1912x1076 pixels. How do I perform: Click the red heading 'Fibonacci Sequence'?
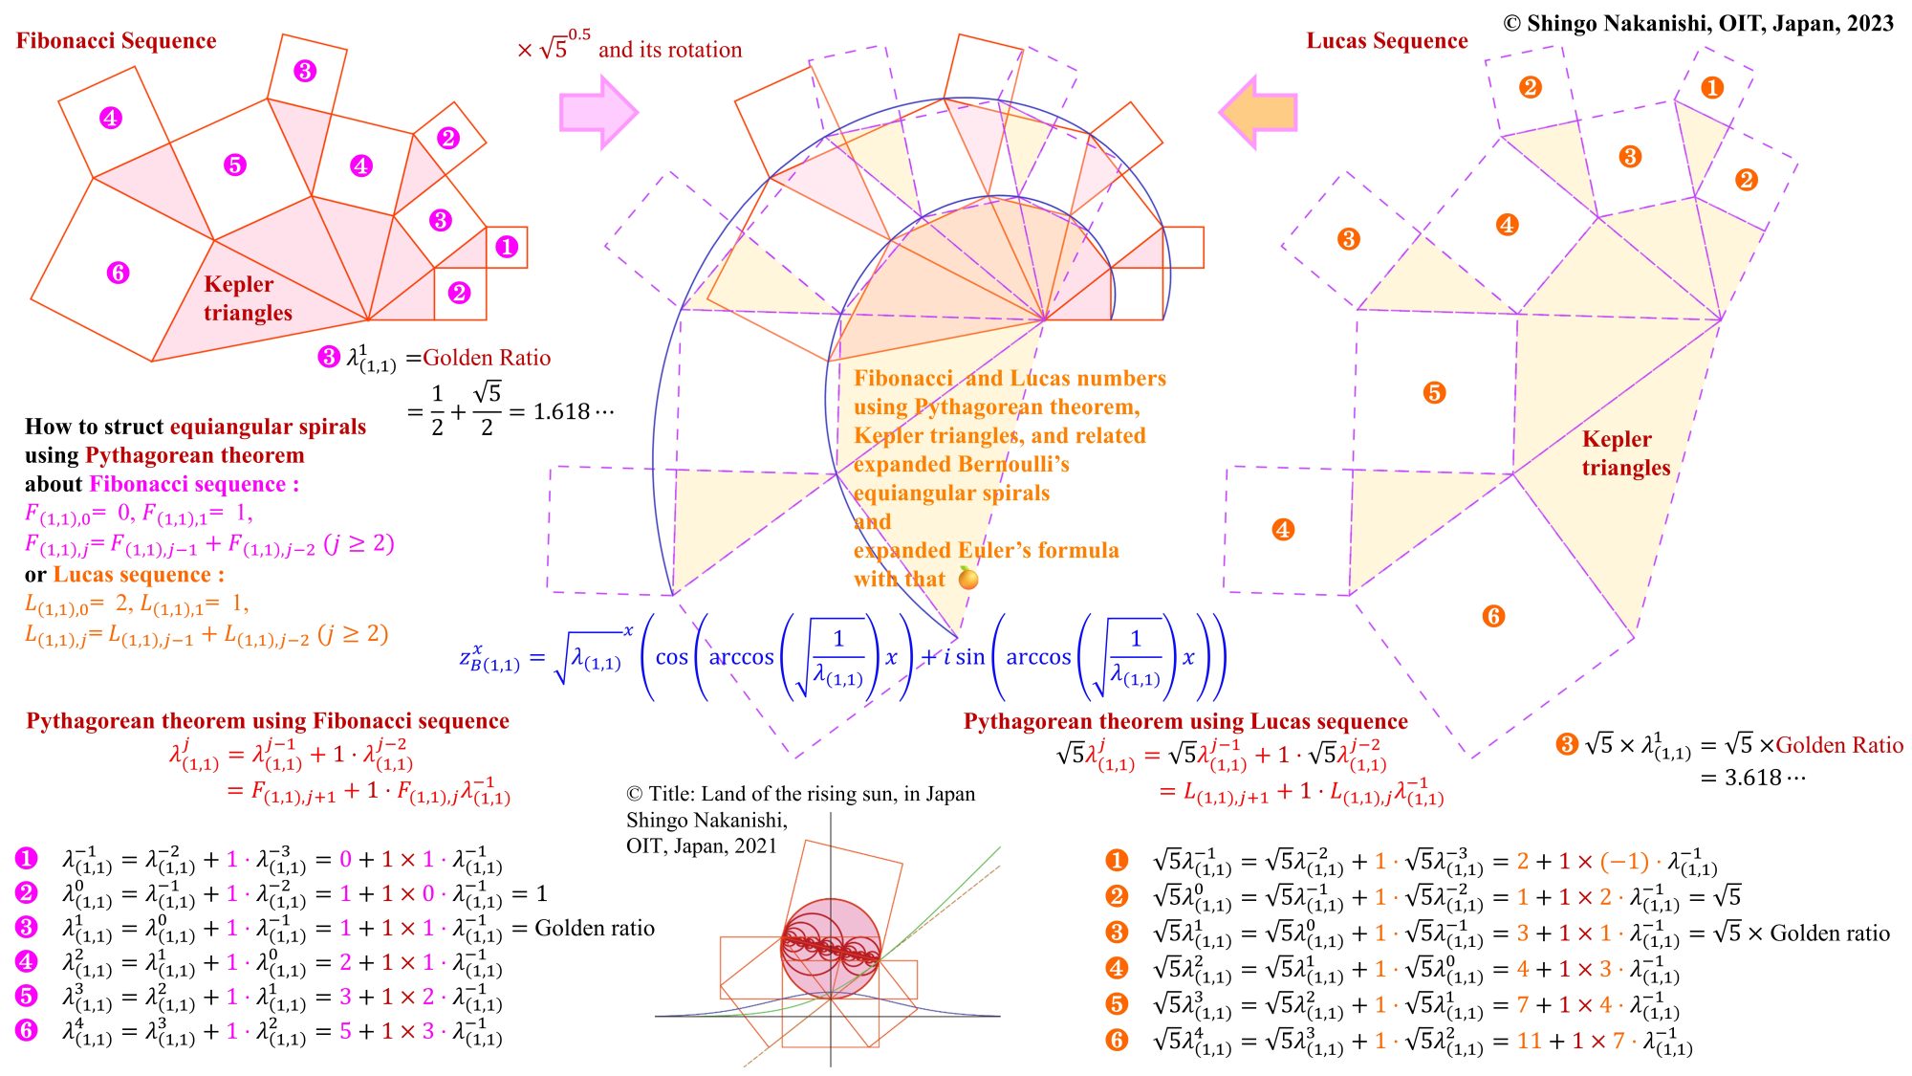[x=116, y=41]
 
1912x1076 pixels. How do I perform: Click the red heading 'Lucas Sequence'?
[x=1386, y=41]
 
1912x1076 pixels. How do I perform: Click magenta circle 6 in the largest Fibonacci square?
[x=118, y=273]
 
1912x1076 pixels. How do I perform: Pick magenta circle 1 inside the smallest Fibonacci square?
[x=507, y=247]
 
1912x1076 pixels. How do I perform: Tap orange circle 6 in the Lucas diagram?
[x=1493, y=616]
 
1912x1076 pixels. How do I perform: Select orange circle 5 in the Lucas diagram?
[x=1433, y=392]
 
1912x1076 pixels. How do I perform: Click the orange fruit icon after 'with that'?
[x=968, y=579]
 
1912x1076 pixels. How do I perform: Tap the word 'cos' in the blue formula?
[x=671, y=657]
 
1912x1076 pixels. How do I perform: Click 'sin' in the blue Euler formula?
[x=969, y=657]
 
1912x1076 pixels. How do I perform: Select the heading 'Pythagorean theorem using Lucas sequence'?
[x=1185, y=721]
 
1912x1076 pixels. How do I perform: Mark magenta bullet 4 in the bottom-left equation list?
[x=26, y=962]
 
